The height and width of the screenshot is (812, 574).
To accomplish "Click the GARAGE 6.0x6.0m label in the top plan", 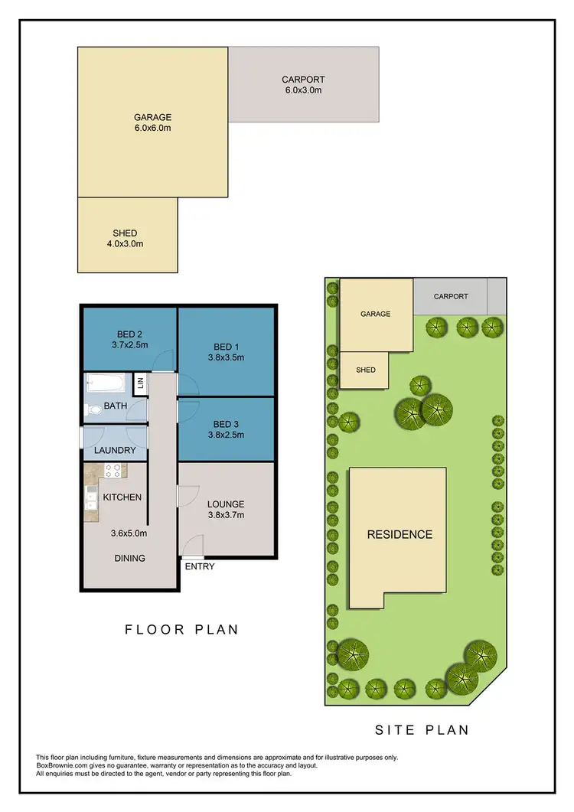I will (152, 122).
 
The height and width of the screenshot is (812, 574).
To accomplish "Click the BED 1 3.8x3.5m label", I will (225, 351).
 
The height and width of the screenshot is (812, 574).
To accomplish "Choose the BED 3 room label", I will (225, 429).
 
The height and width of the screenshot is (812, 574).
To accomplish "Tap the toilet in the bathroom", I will (94, 411).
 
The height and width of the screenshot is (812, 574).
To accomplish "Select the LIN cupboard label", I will (140, 383).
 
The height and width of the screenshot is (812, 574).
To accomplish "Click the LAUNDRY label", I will (115, 451).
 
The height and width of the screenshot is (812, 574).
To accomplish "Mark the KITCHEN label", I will (122, 497).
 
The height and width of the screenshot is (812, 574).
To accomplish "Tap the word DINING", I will (129, 558).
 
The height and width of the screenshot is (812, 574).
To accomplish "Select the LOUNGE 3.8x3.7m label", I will (225, 510).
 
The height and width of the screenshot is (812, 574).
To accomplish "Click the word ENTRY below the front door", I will (200, 567).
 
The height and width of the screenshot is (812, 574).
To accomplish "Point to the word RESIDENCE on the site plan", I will (400, 534).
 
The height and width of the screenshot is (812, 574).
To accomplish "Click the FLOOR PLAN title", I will (182, 630).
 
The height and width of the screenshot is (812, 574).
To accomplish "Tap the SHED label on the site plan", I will (366, 370).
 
